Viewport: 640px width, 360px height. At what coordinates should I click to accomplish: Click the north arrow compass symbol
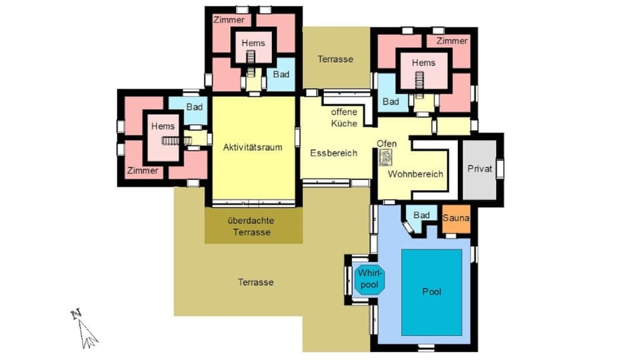pyautogui.click(x=85, y=329)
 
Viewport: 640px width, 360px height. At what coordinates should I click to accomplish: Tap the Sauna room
pyautogui.click(x=456, y=219)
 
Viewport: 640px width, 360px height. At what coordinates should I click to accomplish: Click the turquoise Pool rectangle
pyautogui.click(x=431, y=292)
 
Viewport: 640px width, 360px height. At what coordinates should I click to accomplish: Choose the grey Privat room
pyautogui.click(x=479, y=169)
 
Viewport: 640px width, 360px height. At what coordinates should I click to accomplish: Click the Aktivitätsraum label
pyautogui.click(x=253, y=147)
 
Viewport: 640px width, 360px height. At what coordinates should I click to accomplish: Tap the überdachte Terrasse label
pyautogui.click(x=251, y=227)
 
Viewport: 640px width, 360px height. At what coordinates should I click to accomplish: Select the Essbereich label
pyautogui.click(x=333, y=153)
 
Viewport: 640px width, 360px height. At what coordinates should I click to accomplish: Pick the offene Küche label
pyautogui.click(x=344, y=118)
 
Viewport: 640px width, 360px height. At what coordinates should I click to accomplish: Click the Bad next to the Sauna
pyautogui.click(x=421, y=215)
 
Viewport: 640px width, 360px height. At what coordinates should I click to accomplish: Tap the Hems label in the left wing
pyautogui.click(x=163, y=126)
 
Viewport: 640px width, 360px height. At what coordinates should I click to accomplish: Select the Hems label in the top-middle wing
pyautogui.click(x=253, y=43)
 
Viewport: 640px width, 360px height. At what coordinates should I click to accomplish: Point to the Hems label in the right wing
pyautogui.click(x=423, y=63)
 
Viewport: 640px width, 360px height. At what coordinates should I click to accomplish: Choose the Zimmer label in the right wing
pyautogui.click(x=452, y=41)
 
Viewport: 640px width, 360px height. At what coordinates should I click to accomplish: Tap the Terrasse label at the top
pyautogui.click(x=335, y=59)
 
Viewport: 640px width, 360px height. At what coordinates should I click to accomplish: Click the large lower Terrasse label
pyautogui.click(x=256, y=283)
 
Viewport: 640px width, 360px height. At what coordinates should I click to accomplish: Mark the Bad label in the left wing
pyautogui.click(x=194, y=107)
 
